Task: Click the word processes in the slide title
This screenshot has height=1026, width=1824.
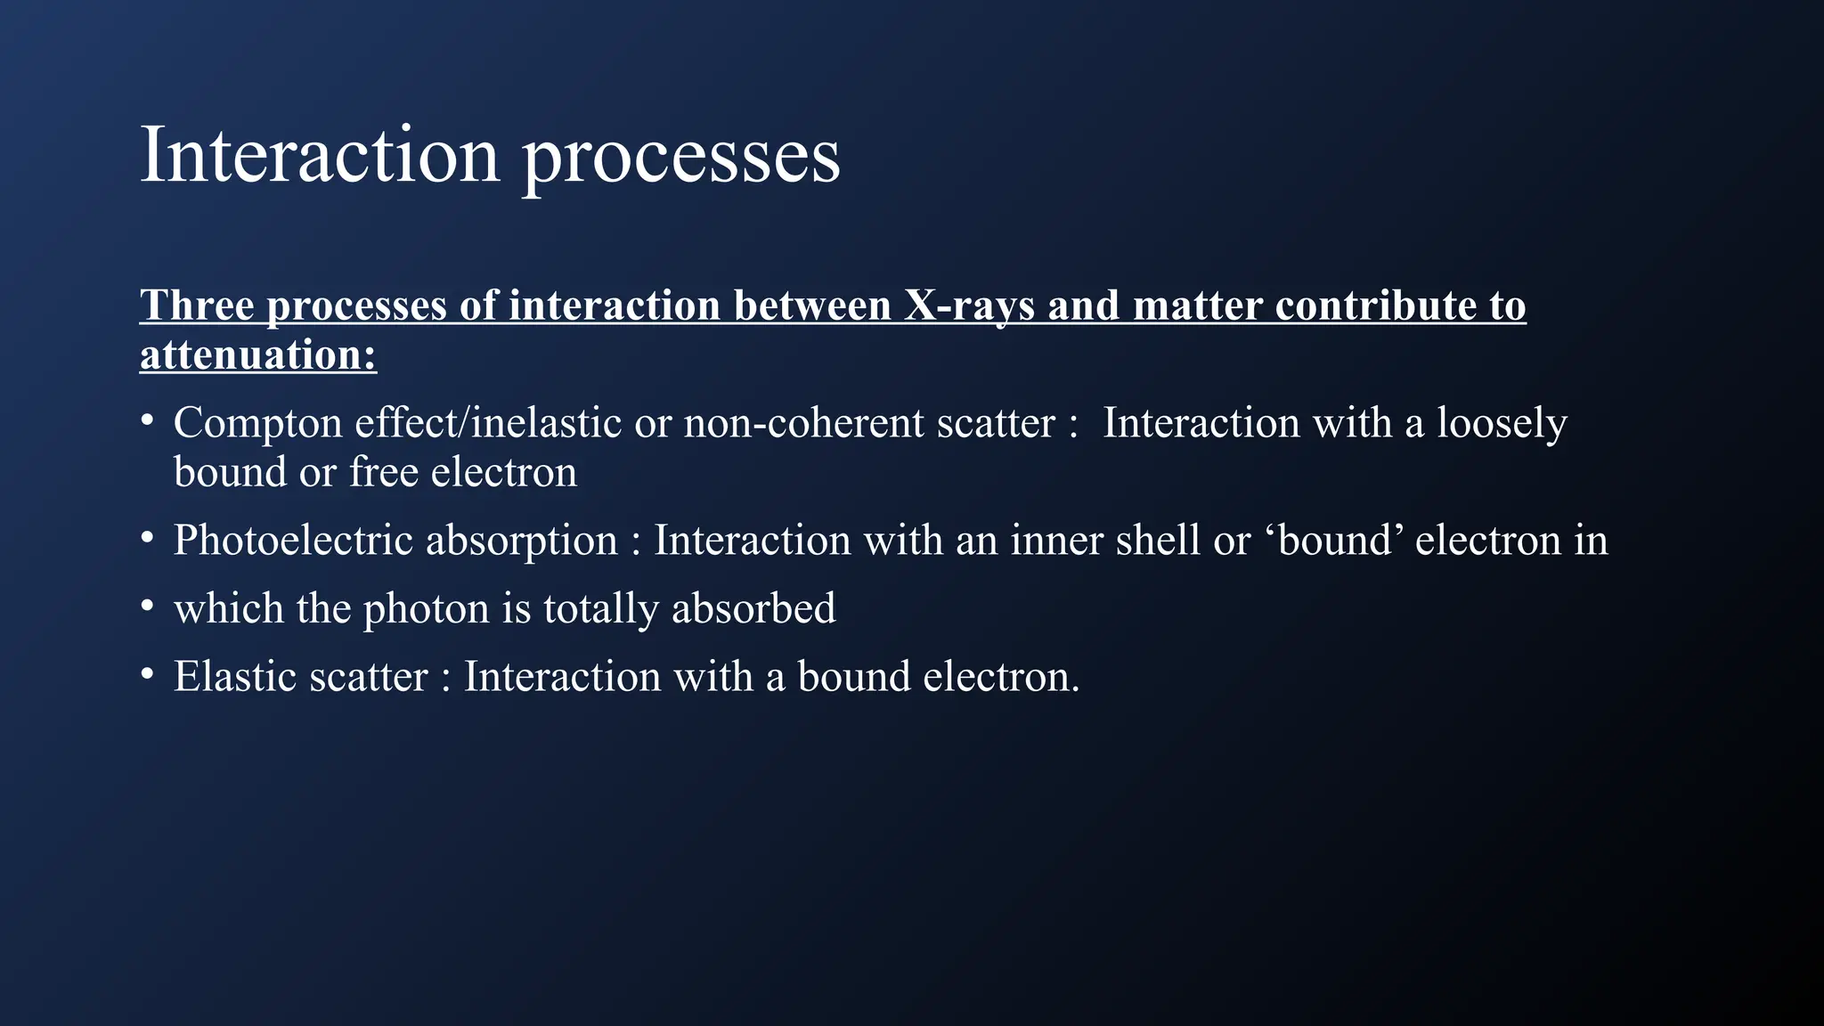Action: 680,159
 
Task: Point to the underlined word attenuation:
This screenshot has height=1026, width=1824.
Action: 258,355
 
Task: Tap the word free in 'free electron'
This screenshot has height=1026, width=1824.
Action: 383,472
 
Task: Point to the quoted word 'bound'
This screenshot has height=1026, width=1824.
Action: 1333,541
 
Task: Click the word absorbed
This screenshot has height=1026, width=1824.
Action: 753,609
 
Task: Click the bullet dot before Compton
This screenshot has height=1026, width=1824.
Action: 148,419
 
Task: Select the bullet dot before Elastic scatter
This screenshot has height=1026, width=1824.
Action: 148,674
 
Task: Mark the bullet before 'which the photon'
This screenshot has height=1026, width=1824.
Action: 148,606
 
